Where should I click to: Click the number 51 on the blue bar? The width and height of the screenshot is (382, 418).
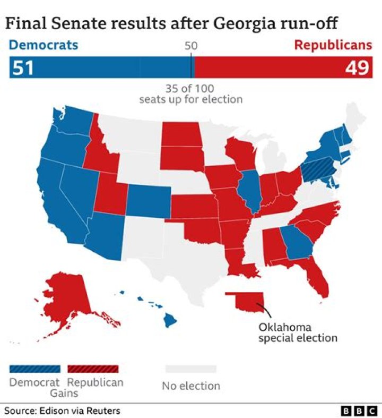click(22, 69)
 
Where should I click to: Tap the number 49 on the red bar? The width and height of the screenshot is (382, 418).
click(358, 69)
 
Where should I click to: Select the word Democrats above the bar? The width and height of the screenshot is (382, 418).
click(44, 45)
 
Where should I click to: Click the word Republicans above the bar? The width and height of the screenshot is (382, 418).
click(333, 45)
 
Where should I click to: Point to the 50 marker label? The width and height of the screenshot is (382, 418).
click(191, 46)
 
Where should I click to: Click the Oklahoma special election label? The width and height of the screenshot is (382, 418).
click(298, 332)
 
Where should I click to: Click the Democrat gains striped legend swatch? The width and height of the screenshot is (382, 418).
click(34, 369)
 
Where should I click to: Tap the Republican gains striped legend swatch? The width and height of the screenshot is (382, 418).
click(92, 369)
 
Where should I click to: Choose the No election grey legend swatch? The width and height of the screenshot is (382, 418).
click(190, 369)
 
